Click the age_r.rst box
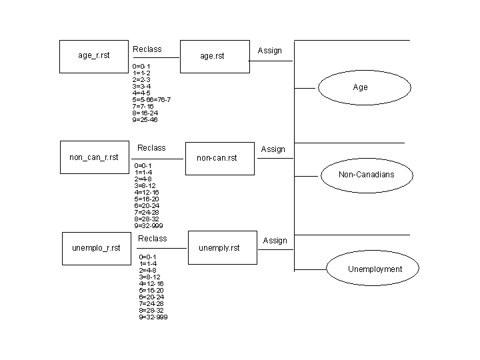(93, 56)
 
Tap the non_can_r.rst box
(93, 157)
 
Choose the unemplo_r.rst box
(95, 248)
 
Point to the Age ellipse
(360, 87)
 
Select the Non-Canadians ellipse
(366, 175)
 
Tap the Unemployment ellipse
(374, 269)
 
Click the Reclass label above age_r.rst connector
(147, 49)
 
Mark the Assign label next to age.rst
(270, 51)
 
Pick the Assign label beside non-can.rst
(273, 149)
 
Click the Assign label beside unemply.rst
(275, 241)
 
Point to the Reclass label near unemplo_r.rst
(152, 239)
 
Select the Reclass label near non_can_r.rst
(151, 148)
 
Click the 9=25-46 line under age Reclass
(145, 120)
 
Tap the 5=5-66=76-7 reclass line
(151, 99)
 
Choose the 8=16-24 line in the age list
(145, 113)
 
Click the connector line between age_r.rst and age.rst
(156, 57)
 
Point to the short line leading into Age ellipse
(305, 87)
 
